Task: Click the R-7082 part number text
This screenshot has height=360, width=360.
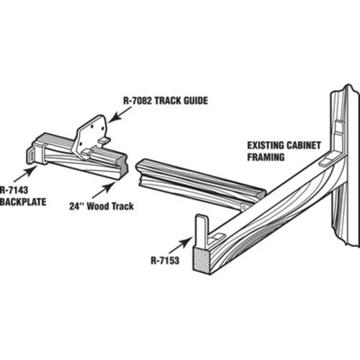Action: click(138, 101)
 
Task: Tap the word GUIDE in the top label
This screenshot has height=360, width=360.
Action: click(196, 101)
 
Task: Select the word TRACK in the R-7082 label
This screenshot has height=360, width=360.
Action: click(168, 101)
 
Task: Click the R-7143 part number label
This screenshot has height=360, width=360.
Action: click(14, 190)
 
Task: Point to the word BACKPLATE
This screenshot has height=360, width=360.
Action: click(23, 202)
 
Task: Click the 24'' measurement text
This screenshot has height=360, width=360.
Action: click(76, 206)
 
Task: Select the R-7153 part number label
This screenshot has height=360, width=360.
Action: click(165, 261)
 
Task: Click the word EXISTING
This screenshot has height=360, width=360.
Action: click(266, 145)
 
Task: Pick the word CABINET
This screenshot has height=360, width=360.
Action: click(304, 145)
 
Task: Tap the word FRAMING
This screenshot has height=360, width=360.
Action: click(266, 158)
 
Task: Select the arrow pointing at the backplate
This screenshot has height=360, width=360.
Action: click(25, 174)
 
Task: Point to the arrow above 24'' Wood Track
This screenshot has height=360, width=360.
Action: click(103, 190)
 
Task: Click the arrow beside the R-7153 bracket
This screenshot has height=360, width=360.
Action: click(180, 246)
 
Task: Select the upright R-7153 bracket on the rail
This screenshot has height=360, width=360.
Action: click(202, 232)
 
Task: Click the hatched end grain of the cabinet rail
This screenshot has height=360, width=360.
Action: click(202, 261)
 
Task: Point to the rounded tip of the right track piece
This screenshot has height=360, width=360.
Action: click(261, 194)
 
